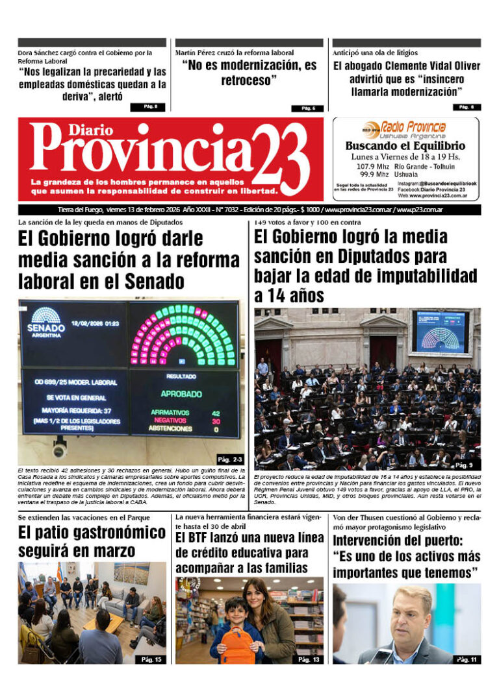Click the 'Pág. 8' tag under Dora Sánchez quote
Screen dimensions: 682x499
(x=151, y=107)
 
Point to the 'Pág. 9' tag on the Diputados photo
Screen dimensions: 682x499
(x=464, y=465)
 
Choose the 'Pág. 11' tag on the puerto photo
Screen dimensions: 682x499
(x=467, y=659)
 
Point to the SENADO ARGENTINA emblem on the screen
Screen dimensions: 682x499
(x=46, y=321)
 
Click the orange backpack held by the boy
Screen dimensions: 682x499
(x=238, y=644)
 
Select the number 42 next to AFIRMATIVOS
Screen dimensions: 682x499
(x=215, y=412)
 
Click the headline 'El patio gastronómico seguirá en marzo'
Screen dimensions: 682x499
(x=92, y=542)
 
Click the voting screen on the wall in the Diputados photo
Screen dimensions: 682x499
(x=440, y=332)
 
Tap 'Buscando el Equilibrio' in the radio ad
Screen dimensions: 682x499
(x=405, y=146)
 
